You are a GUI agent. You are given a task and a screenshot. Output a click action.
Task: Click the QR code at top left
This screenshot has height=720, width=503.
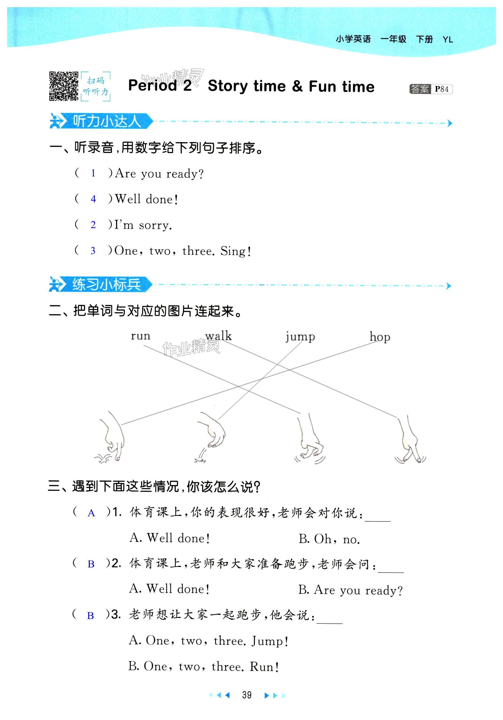point(63,86)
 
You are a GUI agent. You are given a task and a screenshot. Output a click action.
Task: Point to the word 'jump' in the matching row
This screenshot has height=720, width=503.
point(300,337)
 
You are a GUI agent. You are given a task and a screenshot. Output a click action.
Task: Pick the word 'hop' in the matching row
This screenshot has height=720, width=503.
point(380,337)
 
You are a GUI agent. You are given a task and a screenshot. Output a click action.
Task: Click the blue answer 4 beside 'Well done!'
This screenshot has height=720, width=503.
point(93,199)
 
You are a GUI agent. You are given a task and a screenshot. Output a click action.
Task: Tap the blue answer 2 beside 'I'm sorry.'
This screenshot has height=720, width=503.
point(93,225)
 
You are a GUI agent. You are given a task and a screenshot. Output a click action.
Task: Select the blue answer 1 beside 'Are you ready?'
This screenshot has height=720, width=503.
point(93,173)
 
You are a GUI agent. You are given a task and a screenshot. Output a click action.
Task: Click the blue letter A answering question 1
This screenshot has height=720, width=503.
point(91,513)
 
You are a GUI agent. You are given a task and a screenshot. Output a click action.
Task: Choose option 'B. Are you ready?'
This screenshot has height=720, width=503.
point(350,590)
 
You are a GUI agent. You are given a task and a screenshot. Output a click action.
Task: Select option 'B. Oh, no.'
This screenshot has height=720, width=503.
point(329,539)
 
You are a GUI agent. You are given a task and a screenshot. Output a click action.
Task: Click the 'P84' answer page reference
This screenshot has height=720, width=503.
point(442,89)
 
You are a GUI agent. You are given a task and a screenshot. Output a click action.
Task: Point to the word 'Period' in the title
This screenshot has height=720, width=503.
point(153,86)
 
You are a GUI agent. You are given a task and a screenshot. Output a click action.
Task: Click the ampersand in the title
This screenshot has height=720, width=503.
point(297,86)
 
